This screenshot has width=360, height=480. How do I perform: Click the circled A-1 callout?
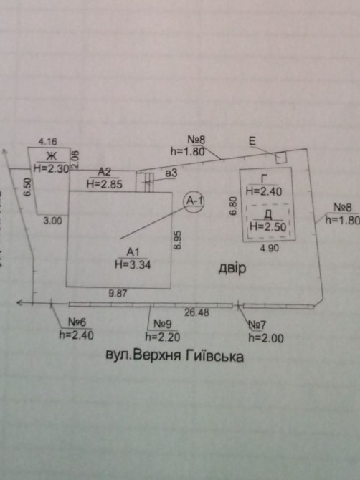pyautogui.click(x=194, y=201)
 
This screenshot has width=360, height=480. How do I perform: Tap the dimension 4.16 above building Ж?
pyautogui.click(x=47, y=141)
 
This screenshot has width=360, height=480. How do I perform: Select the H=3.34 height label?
pyautogui.click(x=133, y=264)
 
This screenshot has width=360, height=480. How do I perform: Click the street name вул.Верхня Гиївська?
pyautogui.click(x=175, y=356)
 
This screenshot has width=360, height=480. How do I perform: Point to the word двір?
pyautogui.click(x=232, y=268)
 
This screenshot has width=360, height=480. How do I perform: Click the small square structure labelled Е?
pyautogui.click(x=280, y=158)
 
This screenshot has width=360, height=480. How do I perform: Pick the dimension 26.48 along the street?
pyautogui.click(x=196, y=312)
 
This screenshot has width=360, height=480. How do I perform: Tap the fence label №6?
pyautogui.click(x=77, y=322)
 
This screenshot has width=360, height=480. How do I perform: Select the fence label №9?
pyautogui.click(x=163, y=324)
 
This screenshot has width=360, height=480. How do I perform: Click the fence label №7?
pyautogui.click(x=257, y=325)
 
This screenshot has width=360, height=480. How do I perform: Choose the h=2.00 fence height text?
pyautogui.click(x=266, y=338)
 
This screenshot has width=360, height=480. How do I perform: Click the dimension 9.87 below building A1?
pyautogui.click(x=118, y=294)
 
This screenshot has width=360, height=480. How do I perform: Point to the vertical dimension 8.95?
pyautogui.click(x=178, y=240)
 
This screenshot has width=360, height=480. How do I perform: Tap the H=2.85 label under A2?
pyautogui.click(x=105, y=184)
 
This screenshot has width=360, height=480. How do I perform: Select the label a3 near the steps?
pyautogui.click(x=171, y=173)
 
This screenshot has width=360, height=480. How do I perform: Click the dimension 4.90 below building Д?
pyautogui.click(x=270, y=248)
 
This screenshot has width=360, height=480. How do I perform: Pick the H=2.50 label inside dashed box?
pyautogui.click(x=268, y=227)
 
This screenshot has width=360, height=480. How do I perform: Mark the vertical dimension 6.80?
pyautogui.click(x=233, y=206)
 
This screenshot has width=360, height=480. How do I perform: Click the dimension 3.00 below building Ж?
pyautogui.click(x=52, y=221)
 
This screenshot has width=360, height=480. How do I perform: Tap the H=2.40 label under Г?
pyautogui.click(x=264, y=191)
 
